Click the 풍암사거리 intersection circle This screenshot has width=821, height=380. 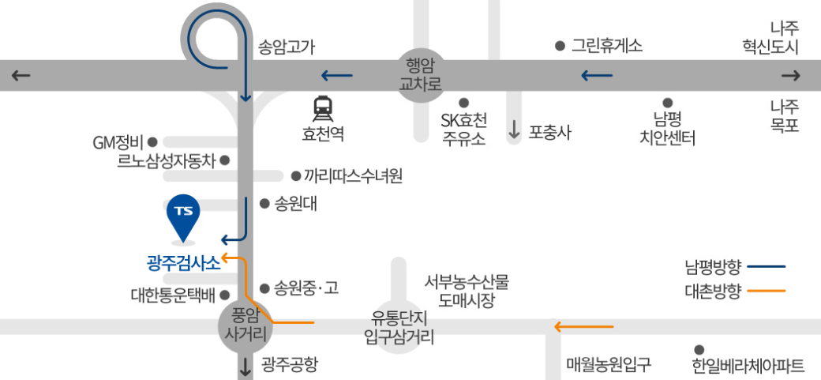coord(244,324)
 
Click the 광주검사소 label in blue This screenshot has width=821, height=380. coord(184,263)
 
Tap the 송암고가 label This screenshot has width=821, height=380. coord(287,47)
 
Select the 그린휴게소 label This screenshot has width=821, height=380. coord(607,46)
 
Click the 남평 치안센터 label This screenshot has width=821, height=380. coord(667,130)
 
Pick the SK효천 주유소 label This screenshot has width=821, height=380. coord(463,130)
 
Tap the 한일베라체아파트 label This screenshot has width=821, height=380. coord(748,366)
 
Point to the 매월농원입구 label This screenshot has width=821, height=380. coord(609,365)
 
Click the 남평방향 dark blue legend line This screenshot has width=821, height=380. coord(766,265)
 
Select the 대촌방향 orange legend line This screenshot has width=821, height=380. coord(766,291)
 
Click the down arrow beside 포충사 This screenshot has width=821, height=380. coord(514,131)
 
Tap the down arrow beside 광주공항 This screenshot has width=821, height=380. coord(246,366)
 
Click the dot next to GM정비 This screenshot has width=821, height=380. coord(152,143)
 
